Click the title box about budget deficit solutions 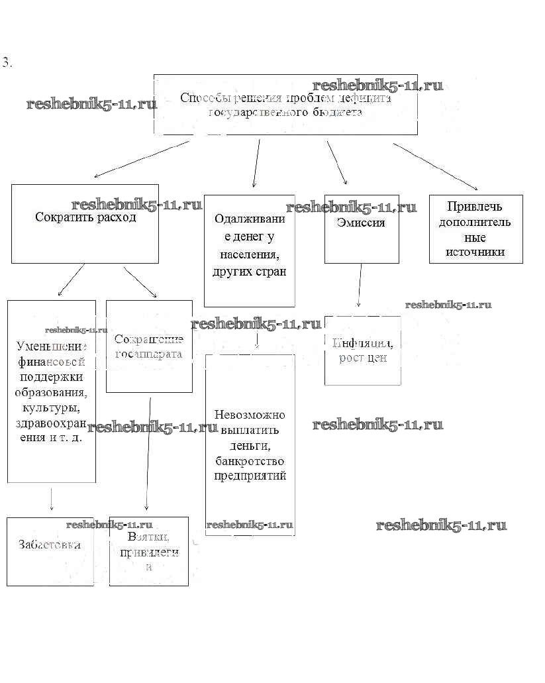[x=285, y=105]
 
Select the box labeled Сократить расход [x=85, y=223]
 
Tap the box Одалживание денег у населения [x=249, y=250]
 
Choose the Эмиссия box [x=362, y=229]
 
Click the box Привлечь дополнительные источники [x=475, y=229]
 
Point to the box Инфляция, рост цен [x=362, y=350]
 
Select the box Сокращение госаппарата [x=149, y=346]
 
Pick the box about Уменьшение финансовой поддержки [x=52, y=391]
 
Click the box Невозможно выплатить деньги [x=250, y=445]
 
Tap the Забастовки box [x=50, y=551]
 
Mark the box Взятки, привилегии [x=149, y=551]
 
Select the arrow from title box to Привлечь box [x=435, y=166]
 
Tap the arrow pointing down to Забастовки [x=52, y=498]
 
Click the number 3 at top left [x=7, y=64]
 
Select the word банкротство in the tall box [x=250, y=460]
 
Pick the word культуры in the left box [x=52, y=407]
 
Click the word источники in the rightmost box [x=475, y=252]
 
